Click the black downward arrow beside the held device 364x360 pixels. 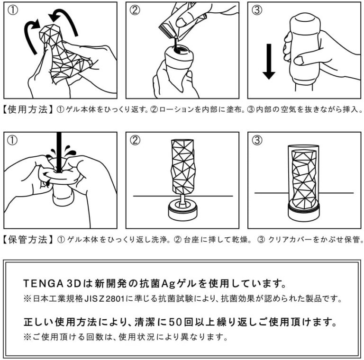pyautogui.click(x=269, y=62)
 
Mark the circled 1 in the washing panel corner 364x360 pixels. pyautogui.click(x=12, y=141)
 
